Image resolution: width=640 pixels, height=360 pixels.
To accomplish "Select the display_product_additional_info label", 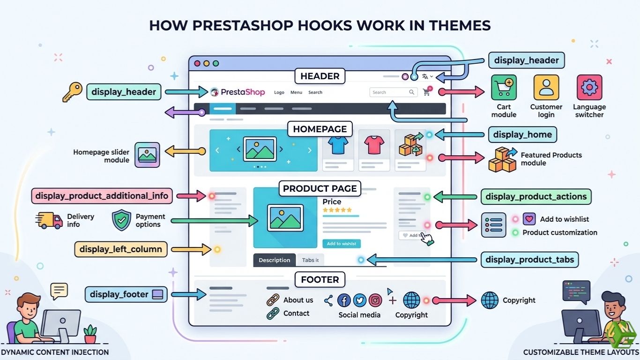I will [x=102, y=196].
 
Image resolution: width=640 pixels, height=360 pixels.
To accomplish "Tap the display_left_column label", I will [x=121, y=249].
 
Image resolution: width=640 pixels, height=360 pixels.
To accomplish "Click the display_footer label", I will [x=126, y=294].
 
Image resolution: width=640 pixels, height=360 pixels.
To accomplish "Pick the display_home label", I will [x=522, y=135].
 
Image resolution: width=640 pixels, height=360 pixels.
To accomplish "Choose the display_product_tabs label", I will [x=530, y=260].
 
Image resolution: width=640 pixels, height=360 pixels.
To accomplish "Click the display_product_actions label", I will [x=536, y=197].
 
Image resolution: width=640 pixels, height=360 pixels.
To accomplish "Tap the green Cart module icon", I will [x=504, y=88].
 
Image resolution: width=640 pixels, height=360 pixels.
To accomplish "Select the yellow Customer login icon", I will [x=546, y=88].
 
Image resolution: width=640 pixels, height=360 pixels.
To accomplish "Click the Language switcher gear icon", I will [x=589, y=88].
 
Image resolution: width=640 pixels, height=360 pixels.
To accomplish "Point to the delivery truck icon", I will [x=49, y=220].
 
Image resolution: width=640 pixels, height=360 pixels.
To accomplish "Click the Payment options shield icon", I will [x=121, y=220].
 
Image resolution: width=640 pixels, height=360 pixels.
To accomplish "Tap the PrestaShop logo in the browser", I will [x=238, y=92].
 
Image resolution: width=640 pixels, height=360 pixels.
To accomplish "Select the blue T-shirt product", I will [x=338, y=146].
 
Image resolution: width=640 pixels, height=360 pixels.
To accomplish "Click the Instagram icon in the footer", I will [x=375, y=300].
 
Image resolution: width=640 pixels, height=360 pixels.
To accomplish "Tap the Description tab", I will [x=275, y=260].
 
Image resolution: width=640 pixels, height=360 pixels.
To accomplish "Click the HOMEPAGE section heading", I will [x=320, y=129].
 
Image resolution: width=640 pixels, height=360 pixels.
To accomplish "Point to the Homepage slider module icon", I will [x=148, y=155].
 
